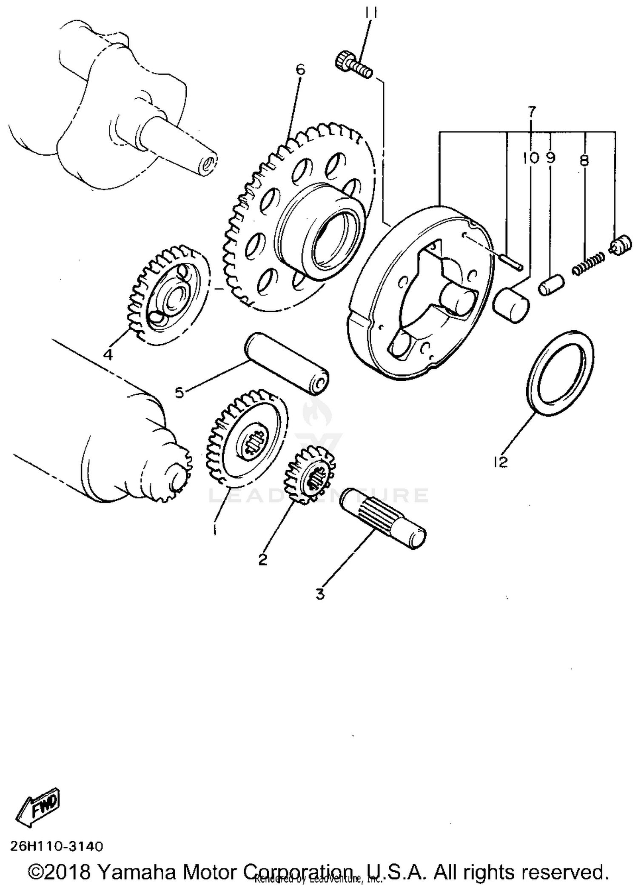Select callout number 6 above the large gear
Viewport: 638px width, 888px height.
point(300,69)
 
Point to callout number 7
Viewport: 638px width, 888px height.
point(532,111)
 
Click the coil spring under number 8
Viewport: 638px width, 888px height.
point(588,264)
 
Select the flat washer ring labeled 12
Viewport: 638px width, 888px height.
point(561,372)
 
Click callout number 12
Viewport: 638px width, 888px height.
point(501,462)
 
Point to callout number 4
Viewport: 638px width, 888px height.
point(108,354)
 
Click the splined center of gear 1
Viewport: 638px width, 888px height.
point(254,444)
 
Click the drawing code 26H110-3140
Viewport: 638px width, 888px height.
point(57,847)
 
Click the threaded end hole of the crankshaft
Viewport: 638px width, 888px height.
point(208,164)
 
